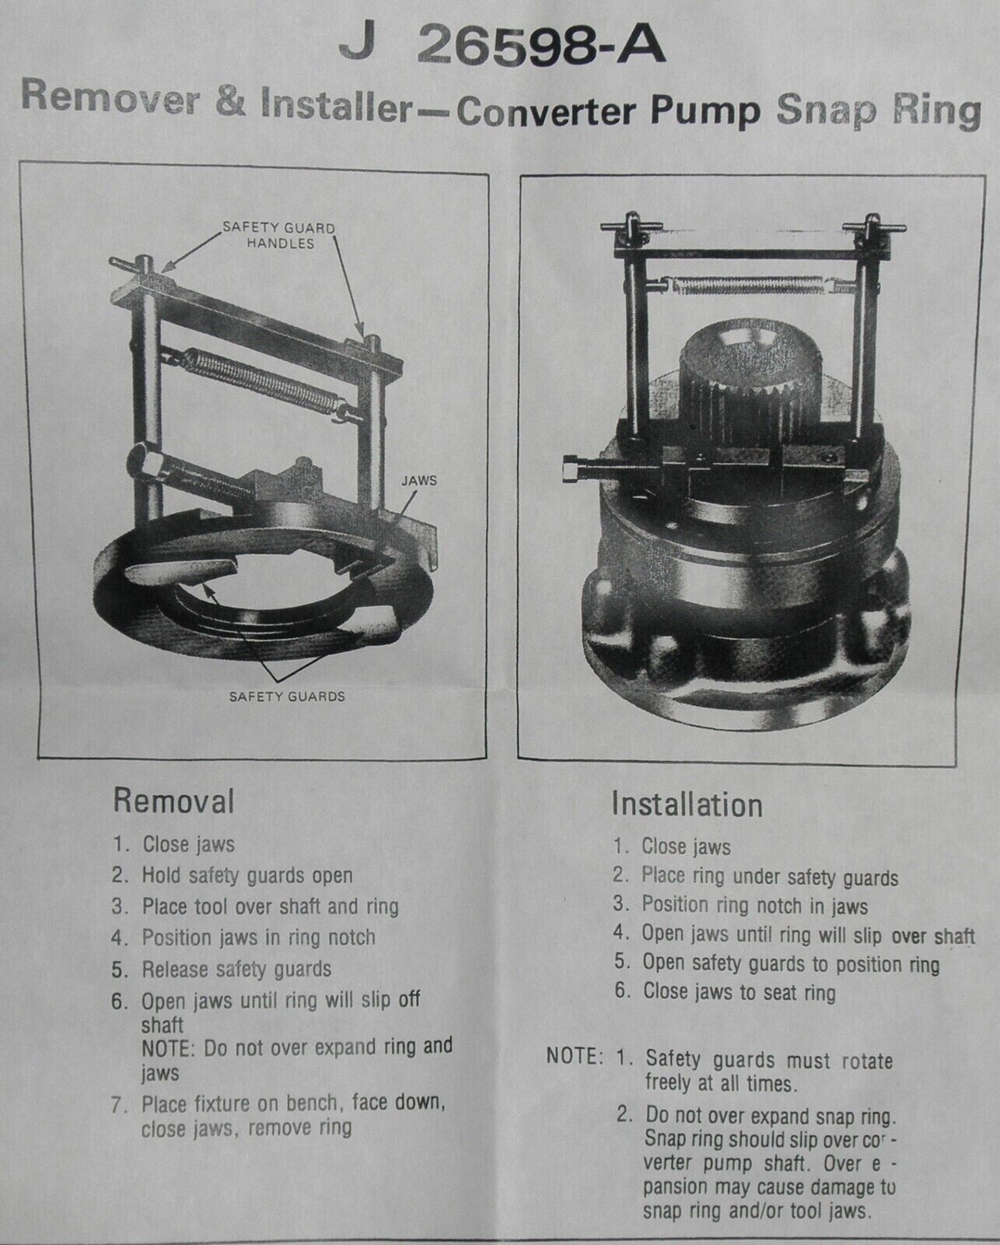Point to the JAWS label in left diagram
coord(418,480)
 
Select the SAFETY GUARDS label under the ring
coord(286,696)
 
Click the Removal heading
coord(173,800)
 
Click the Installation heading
coord(687,804)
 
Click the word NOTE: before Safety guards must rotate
coord(575,1057)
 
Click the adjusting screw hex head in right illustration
coord(572,470)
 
